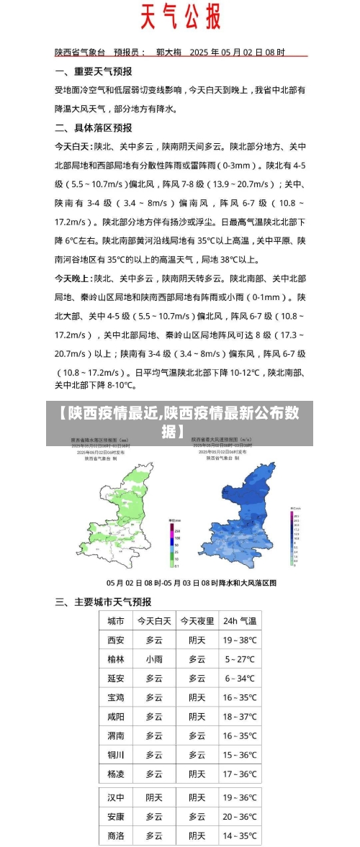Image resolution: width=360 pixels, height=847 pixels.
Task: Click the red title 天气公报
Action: coord(180,17)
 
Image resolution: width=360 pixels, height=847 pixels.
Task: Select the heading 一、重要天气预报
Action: coord(94,72)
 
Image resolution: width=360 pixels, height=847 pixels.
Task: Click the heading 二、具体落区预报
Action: coord(94,127)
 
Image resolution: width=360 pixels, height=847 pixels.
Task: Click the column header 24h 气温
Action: coord(239,620)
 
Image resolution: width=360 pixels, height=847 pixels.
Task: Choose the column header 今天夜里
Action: coord(197,620)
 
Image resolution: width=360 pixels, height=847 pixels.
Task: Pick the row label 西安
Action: coord(116,640)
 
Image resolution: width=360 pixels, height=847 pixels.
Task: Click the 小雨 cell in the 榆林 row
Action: coord(154,659)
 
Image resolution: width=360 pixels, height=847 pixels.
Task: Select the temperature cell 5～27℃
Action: coord(239,659)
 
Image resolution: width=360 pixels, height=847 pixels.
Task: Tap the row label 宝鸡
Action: coord(116,697)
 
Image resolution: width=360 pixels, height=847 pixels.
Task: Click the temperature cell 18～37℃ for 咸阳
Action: coord(239,717)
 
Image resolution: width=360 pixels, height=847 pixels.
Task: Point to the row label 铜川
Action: coord(116,755)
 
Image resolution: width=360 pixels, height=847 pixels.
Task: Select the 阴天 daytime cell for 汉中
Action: coord(154,797)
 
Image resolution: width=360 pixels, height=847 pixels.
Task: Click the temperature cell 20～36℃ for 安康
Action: coord(239,817)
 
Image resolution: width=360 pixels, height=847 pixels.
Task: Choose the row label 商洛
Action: coord(116,836)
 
